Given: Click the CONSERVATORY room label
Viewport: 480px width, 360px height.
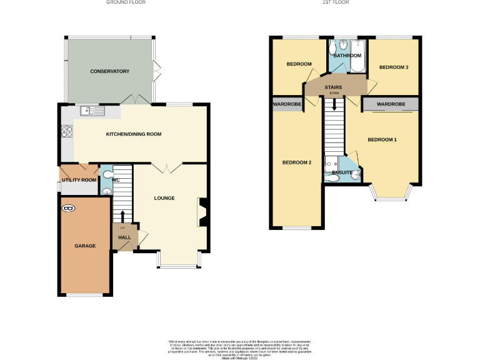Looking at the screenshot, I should (x=109, y=72).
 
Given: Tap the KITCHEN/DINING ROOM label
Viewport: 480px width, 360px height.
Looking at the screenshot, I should (x=133, y=134).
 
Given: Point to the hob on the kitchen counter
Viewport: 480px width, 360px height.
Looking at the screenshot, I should (x=66, y=132).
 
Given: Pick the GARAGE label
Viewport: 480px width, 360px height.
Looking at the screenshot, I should (x=85, y=246).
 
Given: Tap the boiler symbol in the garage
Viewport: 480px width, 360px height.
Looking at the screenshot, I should (x=67, y=207).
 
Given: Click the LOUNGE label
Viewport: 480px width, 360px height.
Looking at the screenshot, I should (x=164, y=198).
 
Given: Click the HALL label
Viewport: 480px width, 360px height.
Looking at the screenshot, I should (x=124, y=237).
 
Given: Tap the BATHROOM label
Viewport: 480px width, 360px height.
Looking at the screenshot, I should (x=347, y=56).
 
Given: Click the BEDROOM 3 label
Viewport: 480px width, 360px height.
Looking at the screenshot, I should (x=394, y=67).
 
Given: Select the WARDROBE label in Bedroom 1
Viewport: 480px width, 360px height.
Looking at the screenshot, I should (x=391, y=104).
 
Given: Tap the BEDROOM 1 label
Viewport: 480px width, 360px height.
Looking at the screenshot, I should (x=382, y=139).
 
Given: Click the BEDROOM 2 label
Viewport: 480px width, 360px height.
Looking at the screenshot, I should (x=296, y=162).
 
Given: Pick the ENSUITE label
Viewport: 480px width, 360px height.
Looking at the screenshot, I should (x=342, y=172).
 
